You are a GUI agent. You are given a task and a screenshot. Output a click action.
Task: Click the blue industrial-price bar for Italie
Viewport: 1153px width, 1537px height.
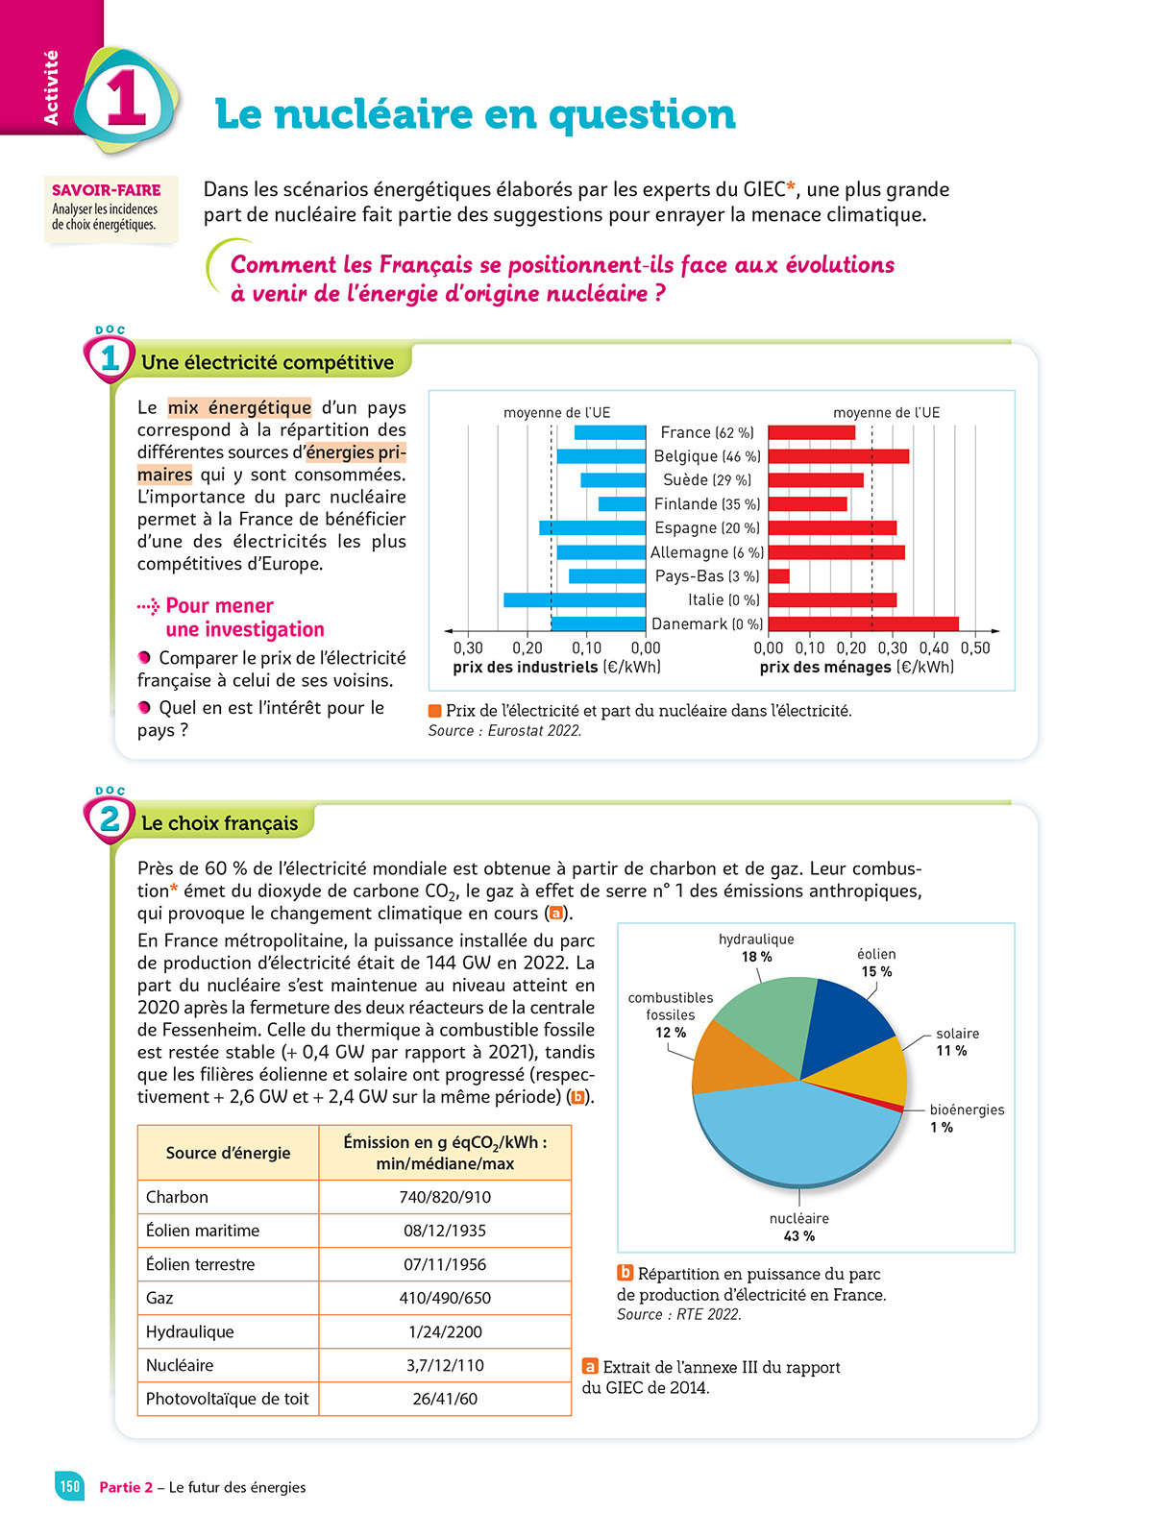[574, 600]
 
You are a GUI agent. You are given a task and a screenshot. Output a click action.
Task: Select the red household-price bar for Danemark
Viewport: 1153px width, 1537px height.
[863, 624]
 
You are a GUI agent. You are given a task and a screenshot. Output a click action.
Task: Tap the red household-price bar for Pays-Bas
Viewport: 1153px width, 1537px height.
[779, 576]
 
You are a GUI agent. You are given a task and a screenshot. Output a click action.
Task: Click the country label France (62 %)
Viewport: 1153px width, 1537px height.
[707, 433]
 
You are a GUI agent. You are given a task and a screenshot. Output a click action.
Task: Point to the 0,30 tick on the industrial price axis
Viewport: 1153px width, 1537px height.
[468, 648]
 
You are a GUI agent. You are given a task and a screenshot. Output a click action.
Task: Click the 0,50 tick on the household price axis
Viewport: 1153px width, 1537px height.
[975, 648]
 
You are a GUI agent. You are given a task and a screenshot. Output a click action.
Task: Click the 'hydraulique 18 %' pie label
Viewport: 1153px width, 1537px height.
[756, 948]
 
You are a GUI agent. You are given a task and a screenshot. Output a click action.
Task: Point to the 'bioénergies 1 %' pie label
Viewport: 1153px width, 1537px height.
[966, 1118]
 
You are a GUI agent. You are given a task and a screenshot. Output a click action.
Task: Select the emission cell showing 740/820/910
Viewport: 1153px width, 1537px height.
[445, 1197]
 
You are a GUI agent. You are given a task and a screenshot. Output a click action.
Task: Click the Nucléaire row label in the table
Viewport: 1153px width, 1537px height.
[180, 1365]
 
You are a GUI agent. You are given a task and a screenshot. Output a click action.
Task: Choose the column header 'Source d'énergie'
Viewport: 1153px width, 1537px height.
[228, 1153]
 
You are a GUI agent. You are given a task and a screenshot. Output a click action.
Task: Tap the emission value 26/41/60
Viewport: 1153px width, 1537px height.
[445, 1399]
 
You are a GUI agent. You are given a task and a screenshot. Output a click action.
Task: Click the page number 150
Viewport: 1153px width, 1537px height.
[70, 1486]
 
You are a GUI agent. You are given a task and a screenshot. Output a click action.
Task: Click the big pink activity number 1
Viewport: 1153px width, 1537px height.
[126, 100]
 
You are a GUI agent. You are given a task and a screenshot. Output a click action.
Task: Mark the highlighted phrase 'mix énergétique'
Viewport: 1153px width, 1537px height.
[239, 407]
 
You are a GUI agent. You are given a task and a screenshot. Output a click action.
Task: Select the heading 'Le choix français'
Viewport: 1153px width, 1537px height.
[220, 823]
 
